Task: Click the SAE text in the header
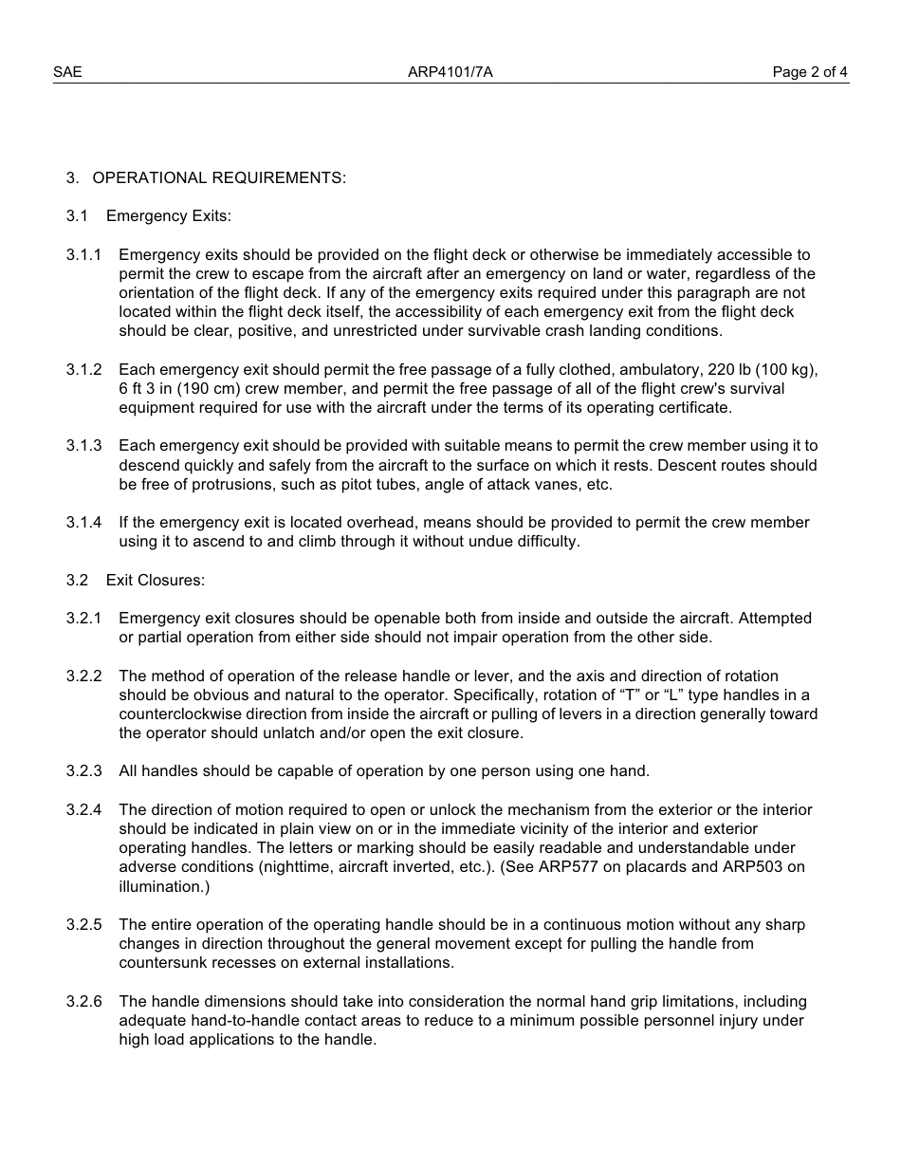[67, 72]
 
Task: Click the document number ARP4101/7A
[450, 72]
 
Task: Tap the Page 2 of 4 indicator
[810, 72]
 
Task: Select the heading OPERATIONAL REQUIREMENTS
[219, 177]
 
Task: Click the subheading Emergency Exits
[168, 216]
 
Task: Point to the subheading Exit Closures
[155, 580]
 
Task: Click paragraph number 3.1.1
[83, 254]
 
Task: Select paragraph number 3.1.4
[83, 522]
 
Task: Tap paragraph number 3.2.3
[83, 770]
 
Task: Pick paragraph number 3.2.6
[83, 1001]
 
